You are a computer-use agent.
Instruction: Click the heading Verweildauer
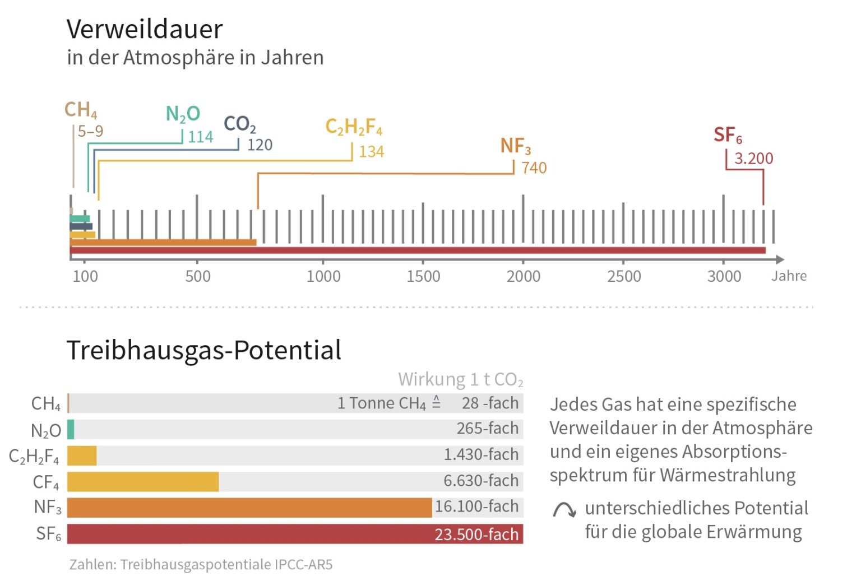145,29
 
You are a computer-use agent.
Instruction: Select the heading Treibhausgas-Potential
203,350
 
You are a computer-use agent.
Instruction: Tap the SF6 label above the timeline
728,135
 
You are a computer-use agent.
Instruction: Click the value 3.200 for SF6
753,159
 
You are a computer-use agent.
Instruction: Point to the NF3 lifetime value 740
534,168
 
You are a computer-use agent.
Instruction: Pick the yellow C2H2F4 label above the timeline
354,127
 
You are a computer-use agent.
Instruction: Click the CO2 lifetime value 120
260,145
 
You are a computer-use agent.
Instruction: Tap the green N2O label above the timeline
183,114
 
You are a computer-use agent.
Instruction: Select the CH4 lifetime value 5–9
90,131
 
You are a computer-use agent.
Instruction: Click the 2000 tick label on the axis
523,276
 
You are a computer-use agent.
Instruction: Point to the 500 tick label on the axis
198,276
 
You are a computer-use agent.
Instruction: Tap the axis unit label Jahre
789,276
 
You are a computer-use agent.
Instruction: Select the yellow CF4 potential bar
143,482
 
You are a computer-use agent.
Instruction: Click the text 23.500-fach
476,534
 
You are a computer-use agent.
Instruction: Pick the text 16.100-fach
476,506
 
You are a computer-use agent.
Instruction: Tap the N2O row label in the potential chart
45,430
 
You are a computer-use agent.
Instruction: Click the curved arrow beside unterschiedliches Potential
564,509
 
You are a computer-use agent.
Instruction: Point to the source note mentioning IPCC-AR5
201,564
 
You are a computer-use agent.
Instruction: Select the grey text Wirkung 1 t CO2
460,379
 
